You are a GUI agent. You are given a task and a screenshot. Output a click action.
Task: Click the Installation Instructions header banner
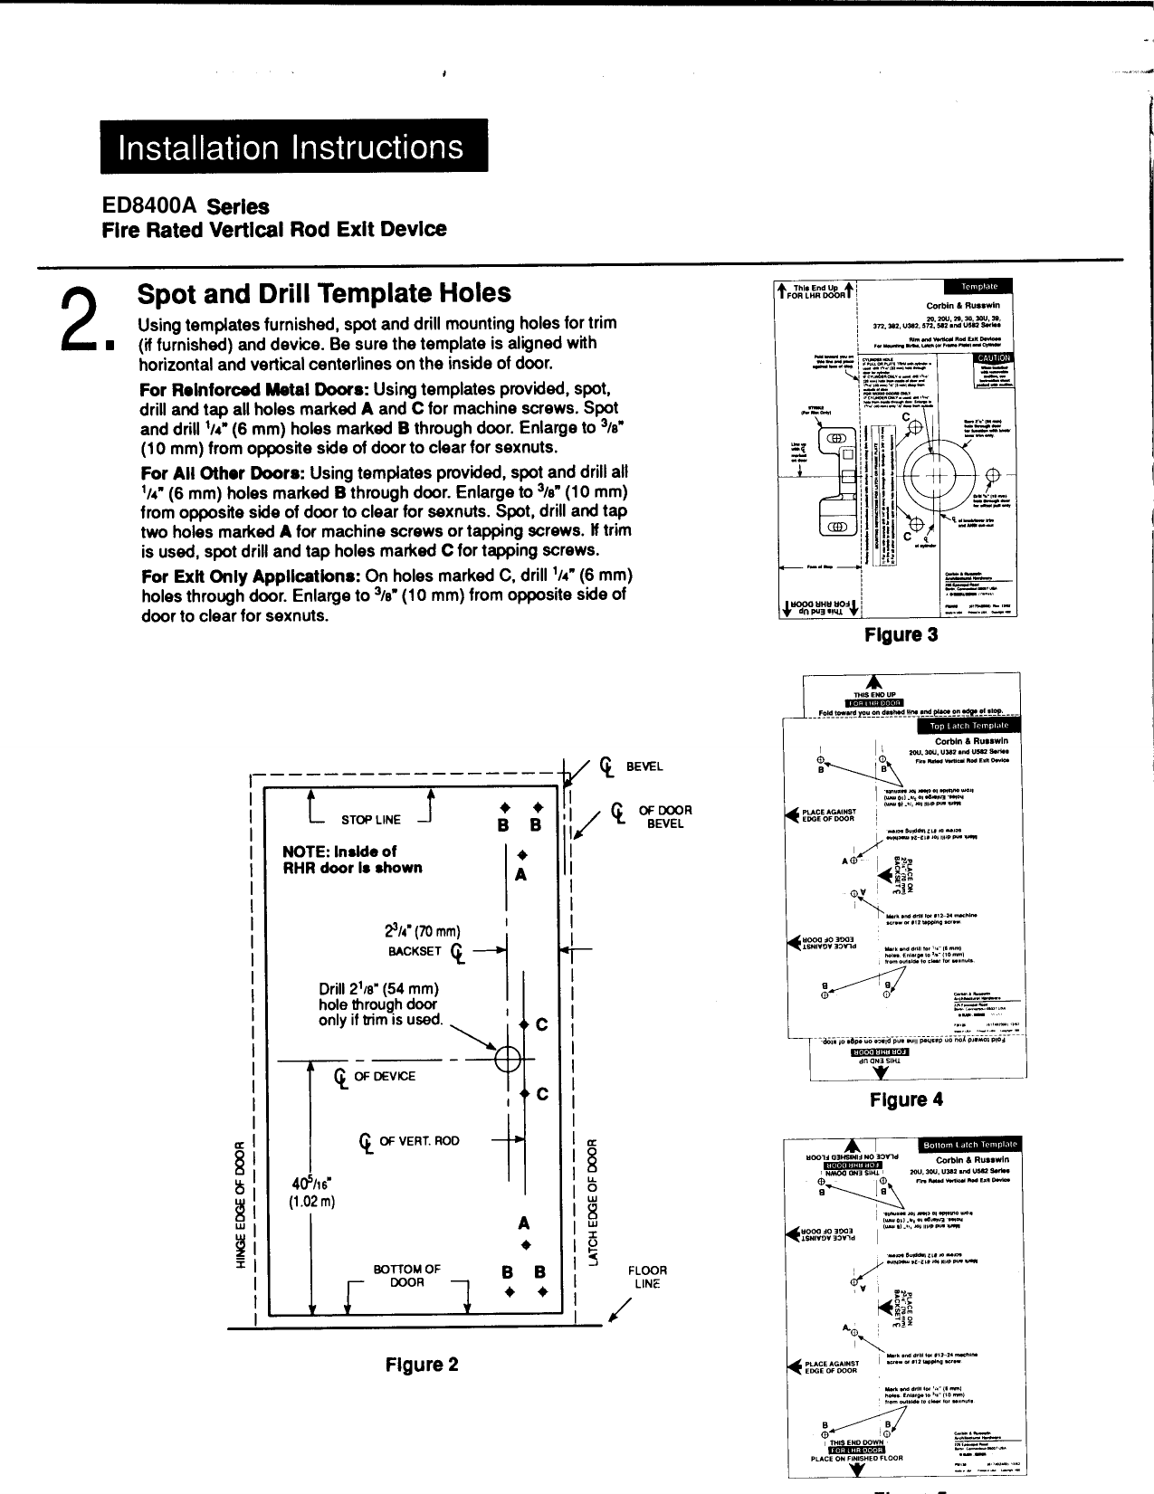tap(293, 147)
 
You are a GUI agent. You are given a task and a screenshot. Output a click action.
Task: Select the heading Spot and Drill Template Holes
tap(323, 293)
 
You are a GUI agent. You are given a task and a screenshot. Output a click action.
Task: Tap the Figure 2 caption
tap(422, 1365)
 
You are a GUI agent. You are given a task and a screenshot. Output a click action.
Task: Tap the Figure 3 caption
tap(901, 634)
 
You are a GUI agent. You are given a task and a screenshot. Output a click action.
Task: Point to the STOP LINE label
tap(370, 820)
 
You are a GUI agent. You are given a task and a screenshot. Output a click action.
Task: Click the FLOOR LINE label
tap(647, 1277)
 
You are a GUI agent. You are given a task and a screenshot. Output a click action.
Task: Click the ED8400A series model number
tap(151, 207)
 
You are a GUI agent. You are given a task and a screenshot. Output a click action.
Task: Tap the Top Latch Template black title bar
tap(968, 726)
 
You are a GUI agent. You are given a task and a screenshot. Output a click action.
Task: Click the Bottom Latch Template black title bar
tap(969, 1145)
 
